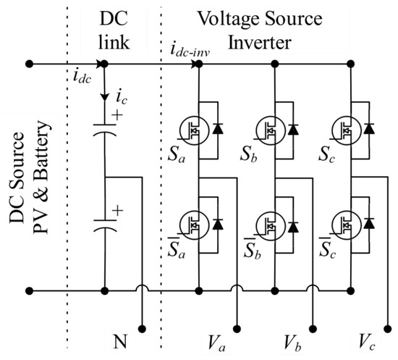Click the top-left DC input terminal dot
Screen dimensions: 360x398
tap(29, 64)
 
